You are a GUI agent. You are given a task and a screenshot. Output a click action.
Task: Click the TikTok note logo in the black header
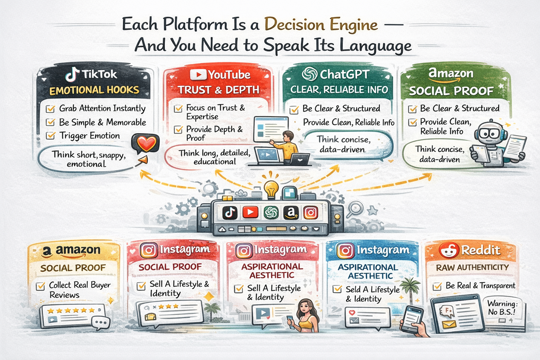click(x=73, y=75)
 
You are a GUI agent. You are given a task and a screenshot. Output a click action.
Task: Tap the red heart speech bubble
click(x=145, y=144)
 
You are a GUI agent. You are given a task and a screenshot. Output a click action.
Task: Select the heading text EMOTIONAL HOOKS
click(x=94, y=90)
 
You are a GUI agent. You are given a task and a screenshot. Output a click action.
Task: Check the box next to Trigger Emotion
click(x=51, y=136)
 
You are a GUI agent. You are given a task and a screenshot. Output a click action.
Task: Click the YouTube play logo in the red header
click(x=198, y=75)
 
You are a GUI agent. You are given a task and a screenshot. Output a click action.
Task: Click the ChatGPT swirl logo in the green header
click(x=309, y=74)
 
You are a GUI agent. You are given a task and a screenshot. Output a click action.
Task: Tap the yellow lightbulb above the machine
click(x=271, y=189)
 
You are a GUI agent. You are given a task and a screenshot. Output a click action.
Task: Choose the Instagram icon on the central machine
click(x=311, y=212)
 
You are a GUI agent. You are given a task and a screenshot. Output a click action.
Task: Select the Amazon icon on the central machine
click(x=291, y=212)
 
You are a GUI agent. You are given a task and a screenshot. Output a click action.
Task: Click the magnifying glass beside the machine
click(x=355, y=209)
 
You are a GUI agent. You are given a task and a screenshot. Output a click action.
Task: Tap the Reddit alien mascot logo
click(x=449, y=250)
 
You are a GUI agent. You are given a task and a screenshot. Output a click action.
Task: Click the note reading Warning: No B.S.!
click(x=502, y=308)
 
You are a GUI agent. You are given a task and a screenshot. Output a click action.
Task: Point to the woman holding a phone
click(x=305, y=315)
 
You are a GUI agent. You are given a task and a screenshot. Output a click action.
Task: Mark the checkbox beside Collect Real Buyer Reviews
click(x=40, y=286)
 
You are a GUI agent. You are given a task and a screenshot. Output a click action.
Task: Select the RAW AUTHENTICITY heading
click(x=472, y=268)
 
